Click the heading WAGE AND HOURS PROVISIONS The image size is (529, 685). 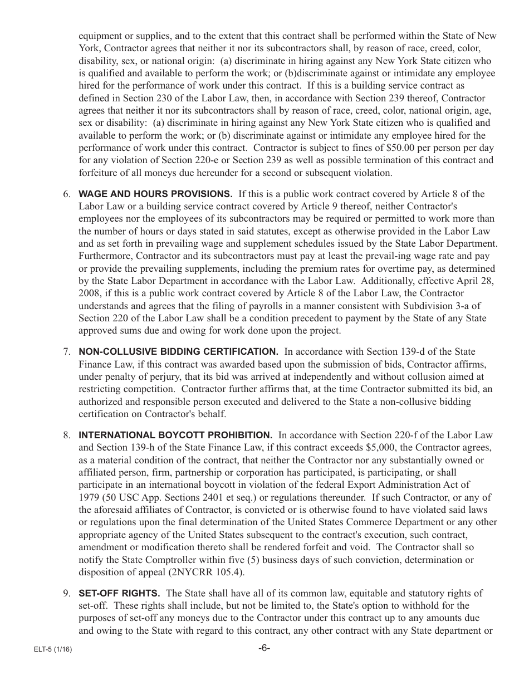155,194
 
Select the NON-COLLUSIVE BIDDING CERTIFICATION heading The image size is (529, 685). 178,352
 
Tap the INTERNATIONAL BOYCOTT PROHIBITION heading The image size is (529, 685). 175,436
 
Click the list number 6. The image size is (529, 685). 66,194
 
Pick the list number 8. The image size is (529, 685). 66,436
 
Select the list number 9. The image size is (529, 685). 66,593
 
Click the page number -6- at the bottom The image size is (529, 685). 264,648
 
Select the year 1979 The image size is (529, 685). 90,497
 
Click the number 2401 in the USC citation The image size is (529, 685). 237,497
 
